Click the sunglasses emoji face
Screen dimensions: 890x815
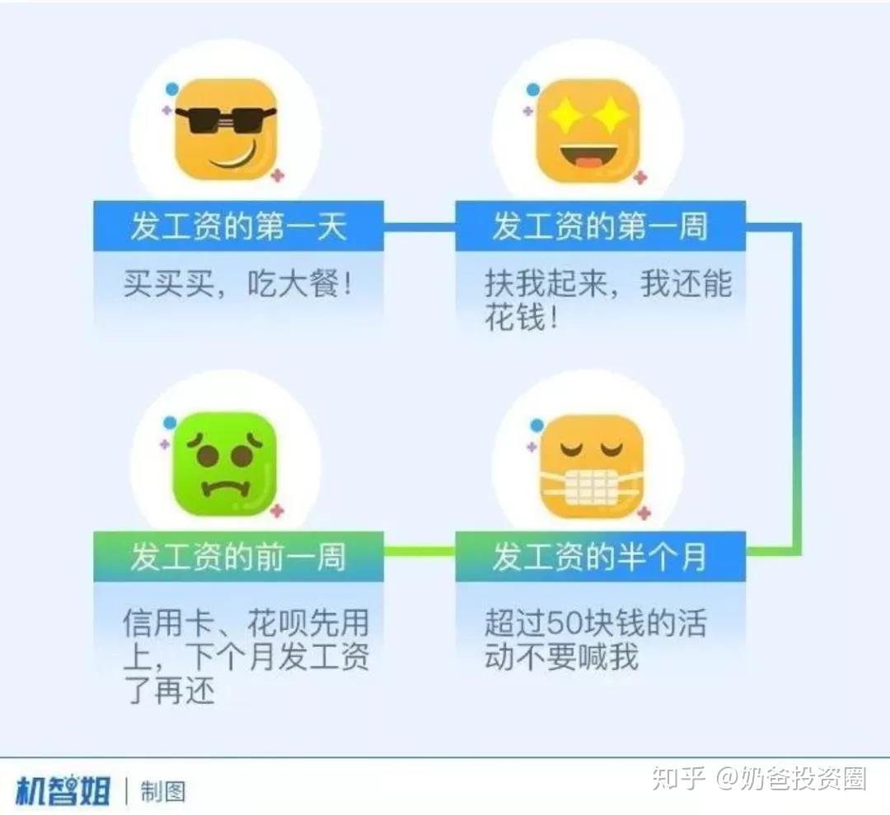(x=225, y=129)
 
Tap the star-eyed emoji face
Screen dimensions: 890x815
(x=588, y=130)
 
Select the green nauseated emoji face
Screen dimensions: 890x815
(x=225, y=463)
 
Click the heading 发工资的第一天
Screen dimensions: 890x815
(x=238, y=226)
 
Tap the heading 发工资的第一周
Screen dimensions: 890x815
(x=600, y=226)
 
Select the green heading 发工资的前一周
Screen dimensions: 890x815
(x=238, y=557)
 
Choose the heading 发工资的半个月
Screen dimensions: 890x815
(x=600, y=557)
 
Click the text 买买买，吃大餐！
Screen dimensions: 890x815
(x=237, y=283)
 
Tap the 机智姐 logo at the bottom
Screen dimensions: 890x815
(x=63, y=790)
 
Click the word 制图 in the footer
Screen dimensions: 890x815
(x=163, y=792)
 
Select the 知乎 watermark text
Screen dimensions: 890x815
(x=678, y=778)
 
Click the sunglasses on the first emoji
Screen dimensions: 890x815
(x=225, y=119)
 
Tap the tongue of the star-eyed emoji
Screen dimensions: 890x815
(x=588, y=163)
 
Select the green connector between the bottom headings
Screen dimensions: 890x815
(x=419, y=551)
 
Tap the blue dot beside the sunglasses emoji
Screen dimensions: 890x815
(x=172, y=89)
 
